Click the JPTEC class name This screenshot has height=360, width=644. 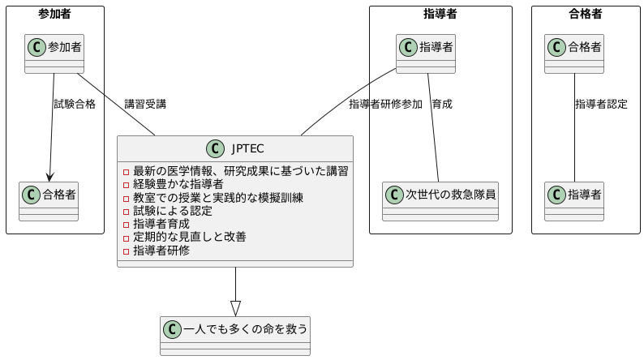[247, 148]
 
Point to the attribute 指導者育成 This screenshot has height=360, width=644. [161, 224]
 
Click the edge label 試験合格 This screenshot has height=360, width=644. [75, 104]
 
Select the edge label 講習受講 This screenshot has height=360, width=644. [145, 104]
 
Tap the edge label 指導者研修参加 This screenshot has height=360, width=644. [385, 104]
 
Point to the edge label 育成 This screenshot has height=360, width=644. [442, 104]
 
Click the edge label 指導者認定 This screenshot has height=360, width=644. [601, 104]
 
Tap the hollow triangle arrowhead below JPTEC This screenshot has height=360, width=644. [235, 308]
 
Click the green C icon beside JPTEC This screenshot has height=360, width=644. [216, 148]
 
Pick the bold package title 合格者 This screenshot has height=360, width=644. [586, 13]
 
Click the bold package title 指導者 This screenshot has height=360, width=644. [440, 13]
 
